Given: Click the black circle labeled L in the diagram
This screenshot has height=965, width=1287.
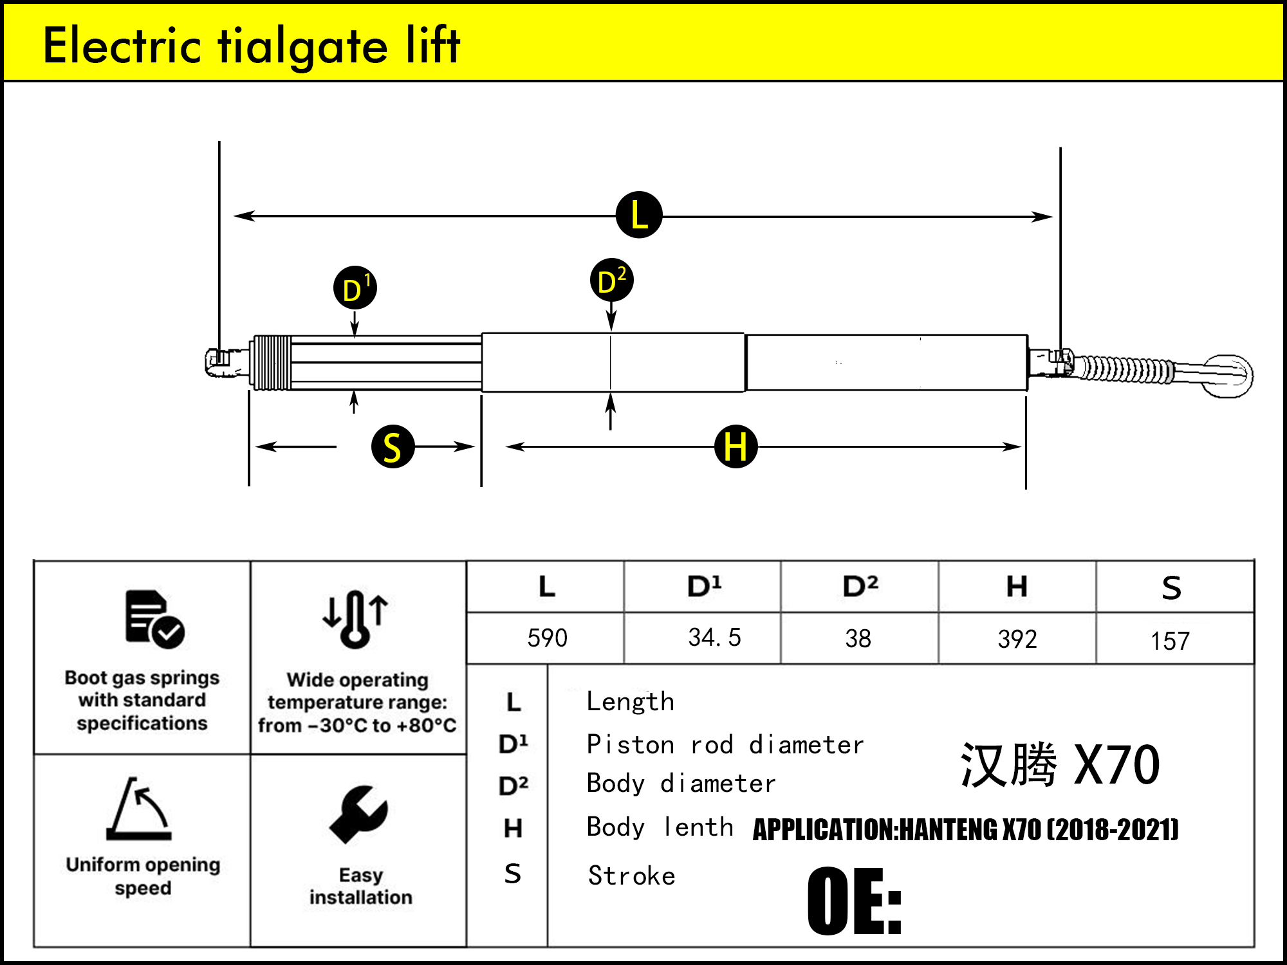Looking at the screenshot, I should (639, 215).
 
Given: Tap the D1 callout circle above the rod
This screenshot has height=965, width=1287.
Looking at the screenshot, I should (355, 288).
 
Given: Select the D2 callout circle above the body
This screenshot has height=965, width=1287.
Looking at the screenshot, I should (611, 280).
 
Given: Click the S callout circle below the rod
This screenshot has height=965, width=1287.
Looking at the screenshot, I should (393, 446).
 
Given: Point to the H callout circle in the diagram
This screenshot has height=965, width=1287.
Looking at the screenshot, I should (736, 446).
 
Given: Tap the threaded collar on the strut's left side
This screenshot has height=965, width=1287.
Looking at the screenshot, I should (272, 363).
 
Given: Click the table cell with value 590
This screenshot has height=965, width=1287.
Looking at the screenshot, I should (547, 638).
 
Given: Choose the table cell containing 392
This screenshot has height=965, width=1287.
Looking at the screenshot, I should (1017, 639).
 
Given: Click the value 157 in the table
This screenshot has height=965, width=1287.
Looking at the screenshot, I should (1170, 641).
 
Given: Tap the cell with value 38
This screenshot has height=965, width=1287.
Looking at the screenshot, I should (858, 638).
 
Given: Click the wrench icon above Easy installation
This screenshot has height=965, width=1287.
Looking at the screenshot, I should (358, 814).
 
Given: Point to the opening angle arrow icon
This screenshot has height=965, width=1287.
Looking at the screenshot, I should (140, 809).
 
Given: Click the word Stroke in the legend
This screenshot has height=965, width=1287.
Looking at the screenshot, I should (631, 876).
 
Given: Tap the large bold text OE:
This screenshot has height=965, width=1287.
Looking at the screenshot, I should (854, 901).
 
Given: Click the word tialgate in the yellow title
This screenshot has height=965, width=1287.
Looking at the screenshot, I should (302, 46).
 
